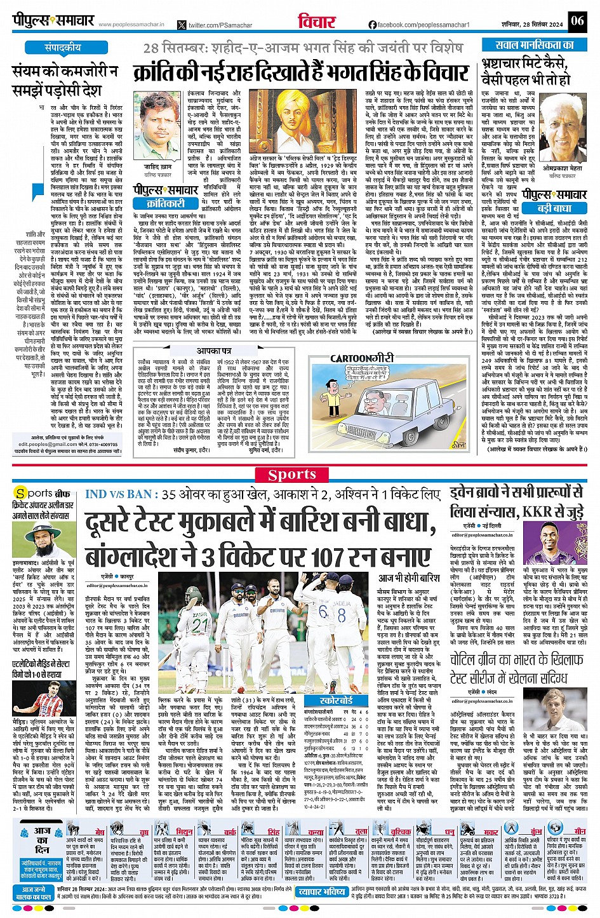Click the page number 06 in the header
click(577, 20)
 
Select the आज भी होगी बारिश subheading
click(409, 577)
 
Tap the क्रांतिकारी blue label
click(166, 203)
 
